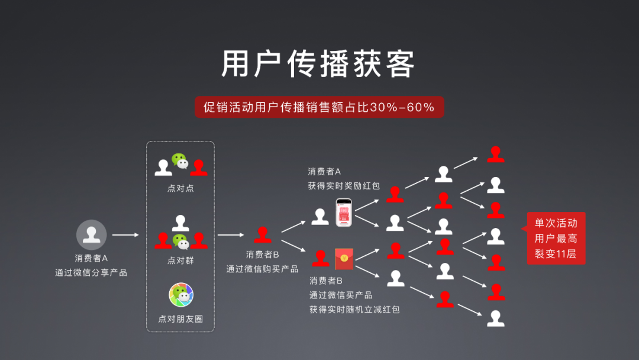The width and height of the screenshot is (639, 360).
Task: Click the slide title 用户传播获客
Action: point(318,64)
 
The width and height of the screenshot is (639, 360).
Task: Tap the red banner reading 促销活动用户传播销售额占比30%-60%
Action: point(319,107)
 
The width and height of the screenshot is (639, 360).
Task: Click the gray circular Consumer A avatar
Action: point(91,235)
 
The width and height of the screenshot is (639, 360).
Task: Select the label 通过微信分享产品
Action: point(91,272)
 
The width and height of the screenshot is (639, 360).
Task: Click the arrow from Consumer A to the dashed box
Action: point(125,235)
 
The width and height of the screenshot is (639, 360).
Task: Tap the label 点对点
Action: point(180,188)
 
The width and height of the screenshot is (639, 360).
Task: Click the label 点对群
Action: point(180,261)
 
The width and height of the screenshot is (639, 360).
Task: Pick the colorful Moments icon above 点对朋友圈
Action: point(181,294)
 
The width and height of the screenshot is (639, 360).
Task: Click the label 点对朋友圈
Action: point(180,319)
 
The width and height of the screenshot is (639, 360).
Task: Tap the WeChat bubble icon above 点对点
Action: point(180,160)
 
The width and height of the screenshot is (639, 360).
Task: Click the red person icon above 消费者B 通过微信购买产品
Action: point(263,234)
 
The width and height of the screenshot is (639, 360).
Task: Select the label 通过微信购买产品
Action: point(263,269)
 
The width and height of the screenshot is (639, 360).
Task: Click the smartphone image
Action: point(344,213)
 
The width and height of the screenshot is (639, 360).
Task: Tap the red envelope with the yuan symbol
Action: point(344,259)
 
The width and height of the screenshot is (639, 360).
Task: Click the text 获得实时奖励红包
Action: point(344,186)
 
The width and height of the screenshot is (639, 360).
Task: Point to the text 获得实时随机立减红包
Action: point(354,310)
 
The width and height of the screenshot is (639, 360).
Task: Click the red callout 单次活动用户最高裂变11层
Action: point(556,238)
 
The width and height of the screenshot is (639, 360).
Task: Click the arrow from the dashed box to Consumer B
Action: point(231,235)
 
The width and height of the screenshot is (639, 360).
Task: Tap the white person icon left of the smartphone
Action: point(320,217)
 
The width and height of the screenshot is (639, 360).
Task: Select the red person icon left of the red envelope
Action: point(320,259)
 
